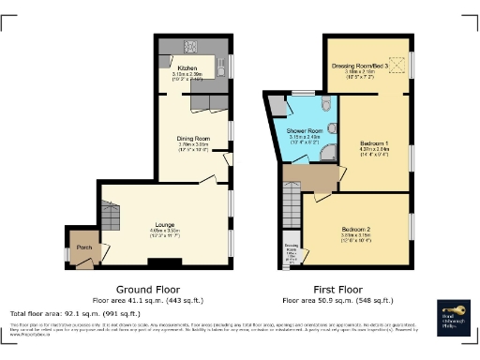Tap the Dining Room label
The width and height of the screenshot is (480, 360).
[193, 139]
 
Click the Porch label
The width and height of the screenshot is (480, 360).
[83, 247]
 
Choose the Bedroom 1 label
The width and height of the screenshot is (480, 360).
[372, 141]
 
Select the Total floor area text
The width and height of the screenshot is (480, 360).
[75, 311]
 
